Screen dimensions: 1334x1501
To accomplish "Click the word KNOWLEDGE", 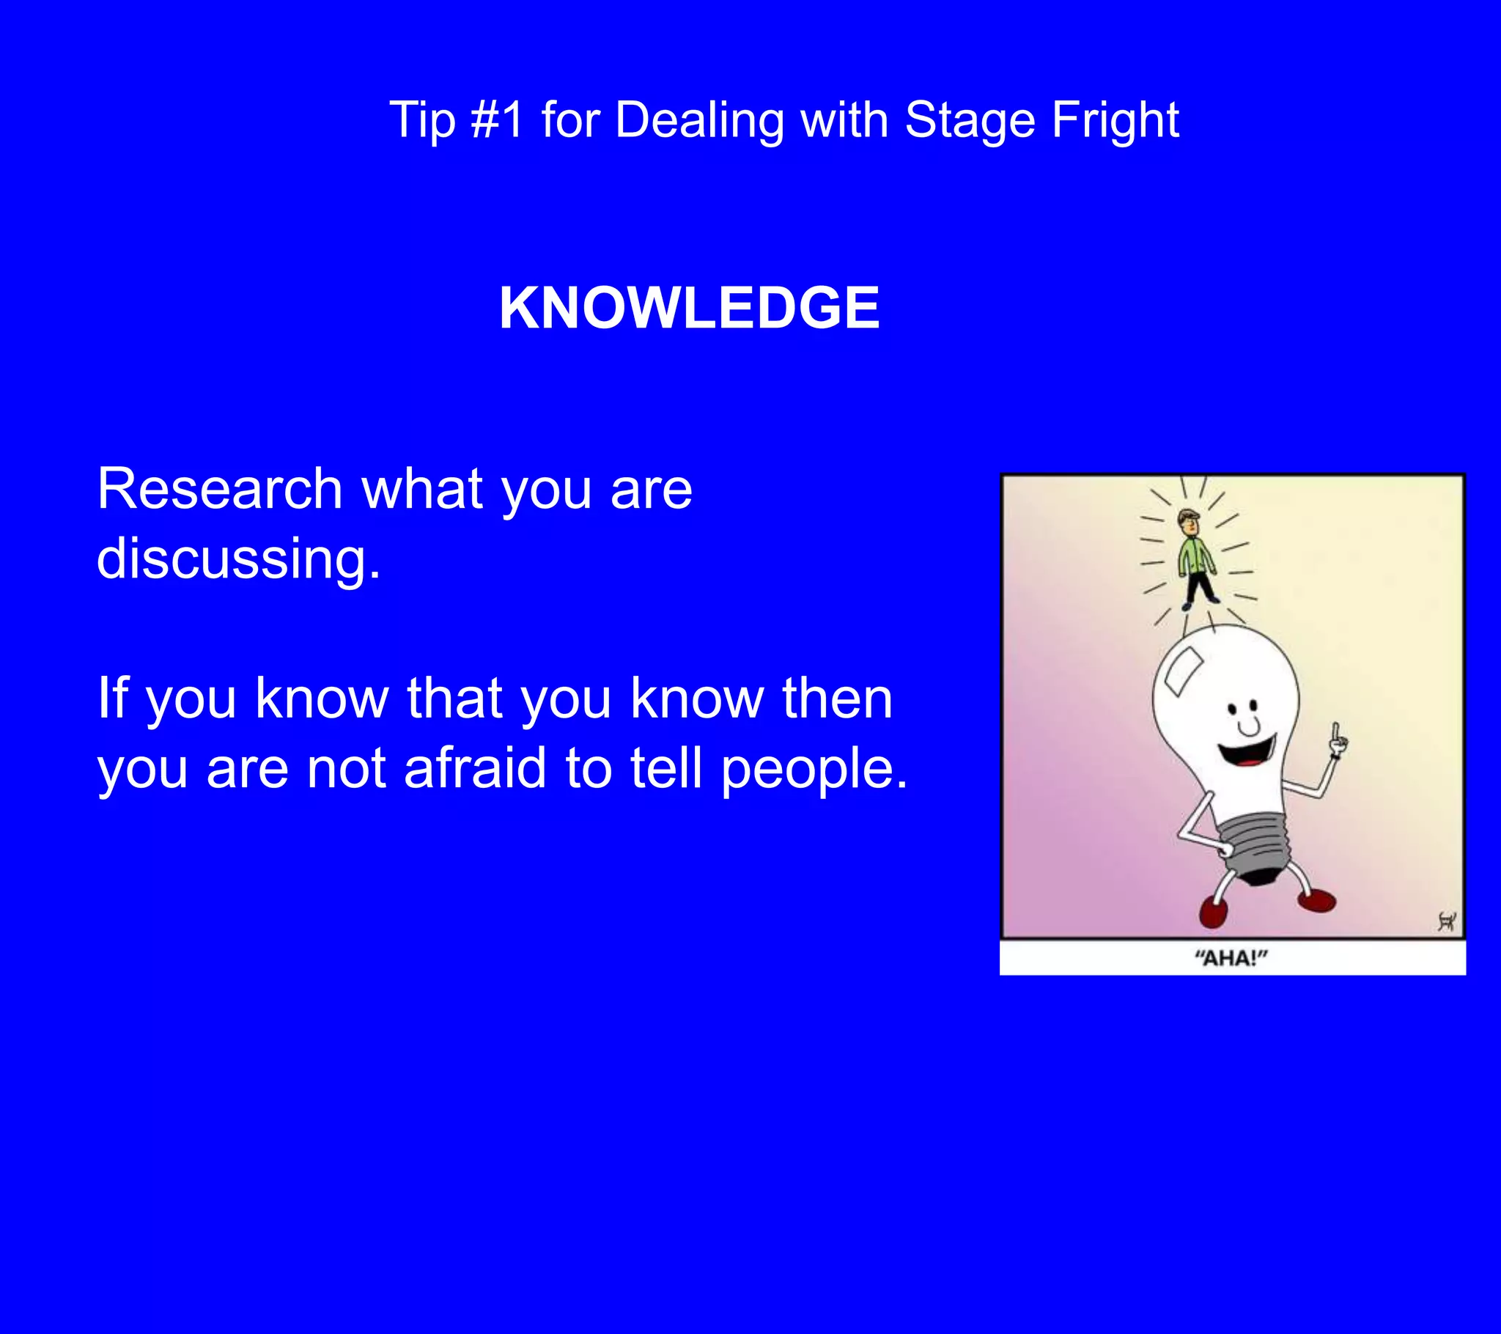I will coord(689,309).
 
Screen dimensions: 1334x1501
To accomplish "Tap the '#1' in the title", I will coord(497,119).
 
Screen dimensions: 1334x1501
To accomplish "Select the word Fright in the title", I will coord(1115,119).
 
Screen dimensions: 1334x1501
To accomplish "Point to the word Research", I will coord(220,488).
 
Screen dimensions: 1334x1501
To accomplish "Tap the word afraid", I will coord(475,768).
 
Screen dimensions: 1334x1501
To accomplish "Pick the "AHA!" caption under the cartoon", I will coord(1231,959).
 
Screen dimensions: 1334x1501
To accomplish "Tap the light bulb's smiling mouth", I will coord(1246,752).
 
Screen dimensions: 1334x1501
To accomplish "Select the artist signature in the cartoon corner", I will coord(1446,921).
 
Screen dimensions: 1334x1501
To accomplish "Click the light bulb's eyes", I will coord(1244,707).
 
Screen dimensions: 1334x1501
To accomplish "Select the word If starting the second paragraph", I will coord(112,698).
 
